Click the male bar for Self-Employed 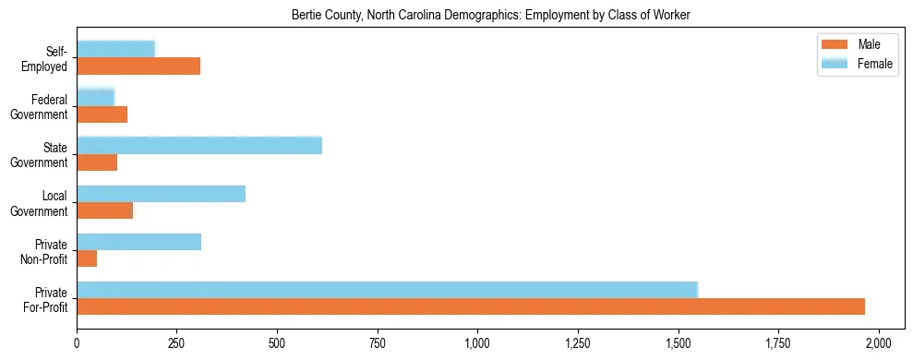tap(138, 66)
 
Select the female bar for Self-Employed tap(115, 49)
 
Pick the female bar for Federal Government tap(95, 97)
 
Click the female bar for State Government tap(199, 145)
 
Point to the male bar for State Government tap(97, 162)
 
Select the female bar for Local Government tap(161, 193)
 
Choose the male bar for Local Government tap(104, 210)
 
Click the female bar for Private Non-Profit tap(138, 242)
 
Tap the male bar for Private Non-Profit tap(87, 259)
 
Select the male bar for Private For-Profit tap(471, 306)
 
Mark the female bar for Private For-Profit tap(387, 289)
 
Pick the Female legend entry tap(859, 63)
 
